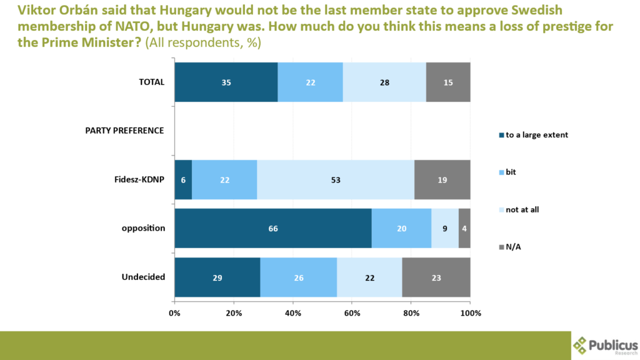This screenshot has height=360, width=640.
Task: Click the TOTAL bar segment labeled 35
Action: [226, 82]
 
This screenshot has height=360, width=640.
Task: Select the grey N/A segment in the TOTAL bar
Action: [448, 82]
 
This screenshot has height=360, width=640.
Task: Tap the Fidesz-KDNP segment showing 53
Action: [336, 179]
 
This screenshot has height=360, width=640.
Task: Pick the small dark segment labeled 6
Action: [183, 179]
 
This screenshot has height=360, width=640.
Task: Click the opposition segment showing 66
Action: [273, 228]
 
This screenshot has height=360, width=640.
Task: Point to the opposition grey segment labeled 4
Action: [464, 228]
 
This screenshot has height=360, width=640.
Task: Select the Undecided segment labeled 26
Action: [298, 277]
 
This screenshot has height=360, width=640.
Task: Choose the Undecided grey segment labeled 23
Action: [436, 277]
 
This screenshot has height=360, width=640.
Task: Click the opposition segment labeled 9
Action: [445, 228]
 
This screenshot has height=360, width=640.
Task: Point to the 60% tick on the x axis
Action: [352, 312]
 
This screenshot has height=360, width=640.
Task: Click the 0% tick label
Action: [175, 312]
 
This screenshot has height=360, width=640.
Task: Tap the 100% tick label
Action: [470, 312]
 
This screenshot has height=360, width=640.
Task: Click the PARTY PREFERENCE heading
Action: [124, 131]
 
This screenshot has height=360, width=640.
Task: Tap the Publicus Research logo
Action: [605, 345]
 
